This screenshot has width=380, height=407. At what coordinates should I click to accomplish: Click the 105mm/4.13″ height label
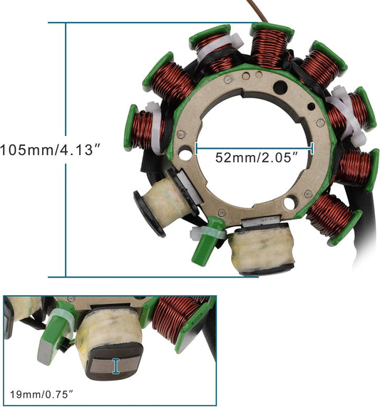(x=52, y=150)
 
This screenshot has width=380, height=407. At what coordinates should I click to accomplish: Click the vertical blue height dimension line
(x=66, y=149)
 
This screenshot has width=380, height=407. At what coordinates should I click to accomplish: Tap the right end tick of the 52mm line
(x=312, y=148)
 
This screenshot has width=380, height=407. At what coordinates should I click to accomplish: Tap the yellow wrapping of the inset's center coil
(x=107, y=334)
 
